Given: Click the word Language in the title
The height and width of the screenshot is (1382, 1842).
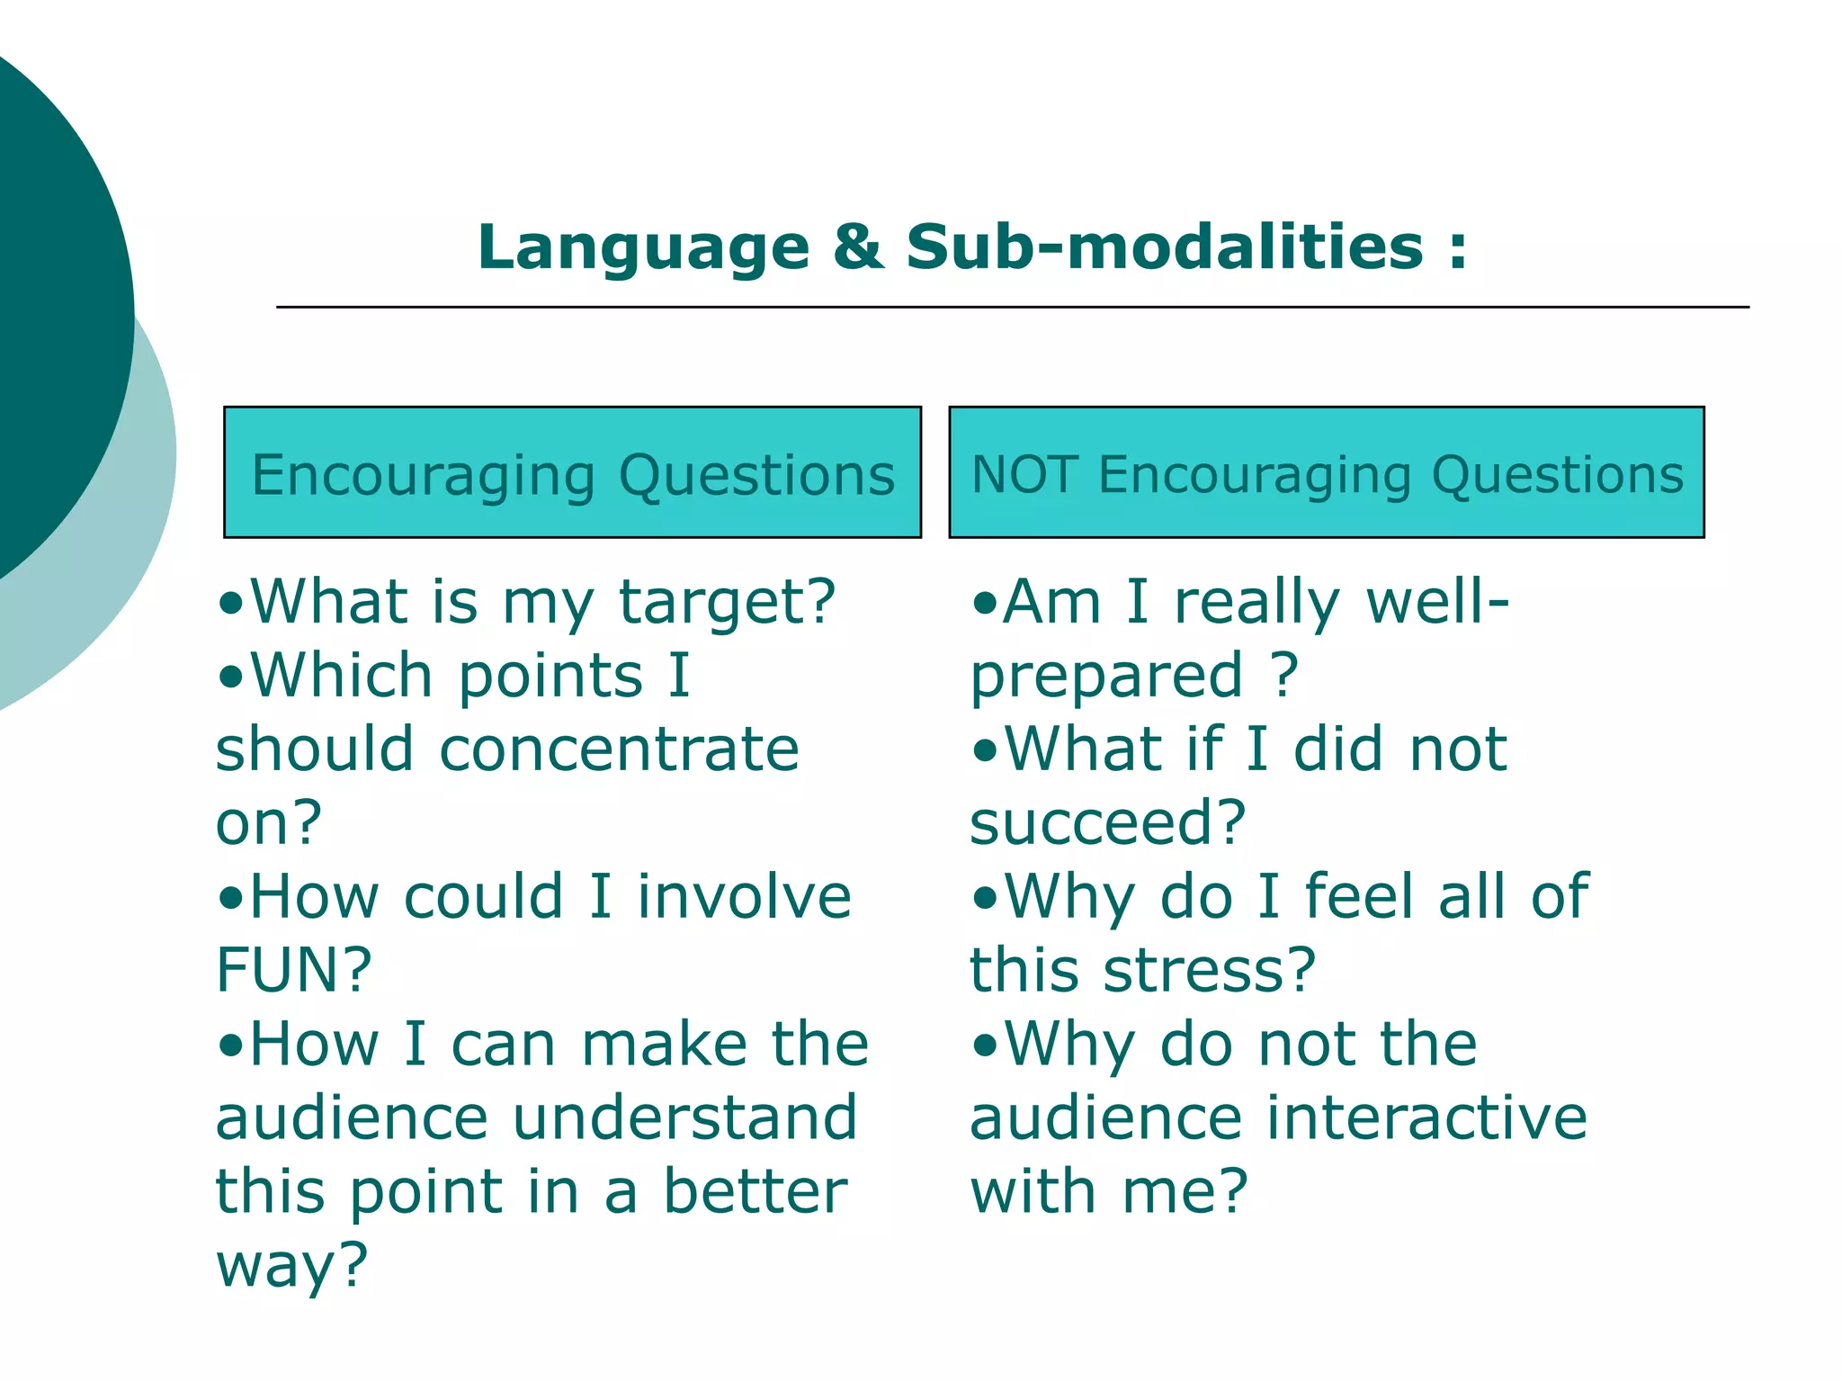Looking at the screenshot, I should tap(642, 249).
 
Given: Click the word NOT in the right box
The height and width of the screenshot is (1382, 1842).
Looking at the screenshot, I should tap(1024, 474).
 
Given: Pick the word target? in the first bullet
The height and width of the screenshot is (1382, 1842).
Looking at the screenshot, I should tap(728, 602).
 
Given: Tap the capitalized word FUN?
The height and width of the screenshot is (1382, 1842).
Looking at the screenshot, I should tap(293, 970).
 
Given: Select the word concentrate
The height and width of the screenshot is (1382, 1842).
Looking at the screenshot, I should tap(619, 749).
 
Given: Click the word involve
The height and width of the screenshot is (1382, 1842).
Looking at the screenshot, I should tap(744, 897).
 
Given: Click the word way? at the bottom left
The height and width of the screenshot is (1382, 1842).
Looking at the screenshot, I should tap(291, 1266).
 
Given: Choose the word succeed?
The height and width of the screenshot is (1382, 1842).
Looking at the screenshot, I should tap(1107, 823).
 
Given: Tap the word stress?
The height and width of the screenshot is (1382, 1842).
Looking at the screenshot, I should tap(1209, 971).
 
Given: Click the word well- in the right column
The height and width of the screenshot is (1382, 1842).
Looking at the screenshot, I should tap(1436, 602).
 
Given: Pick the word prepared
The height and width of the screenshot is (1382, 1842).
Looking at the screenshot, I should tap(1106, 678).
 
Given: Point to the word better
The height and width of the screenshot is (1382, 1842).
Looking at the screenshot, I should tap(755, 1192).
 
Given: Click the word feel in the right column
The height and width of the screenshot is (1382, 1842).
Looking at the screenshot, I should tap(1358, 897).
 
